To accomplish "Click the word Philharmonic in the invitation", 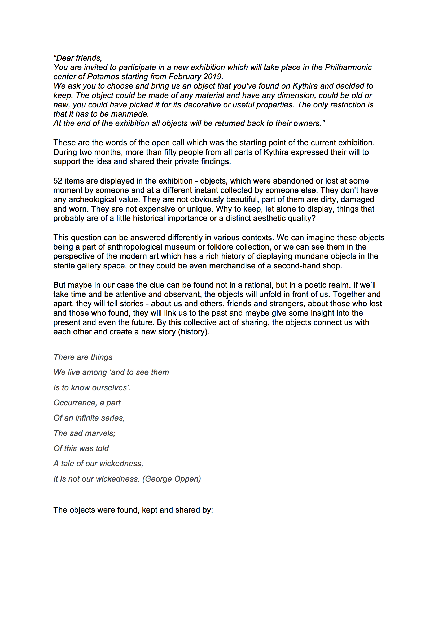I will pos(348,67).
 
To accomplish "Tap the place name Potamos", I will pos(103,77).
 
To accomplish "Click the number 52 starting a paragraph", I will pos(58,181).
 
